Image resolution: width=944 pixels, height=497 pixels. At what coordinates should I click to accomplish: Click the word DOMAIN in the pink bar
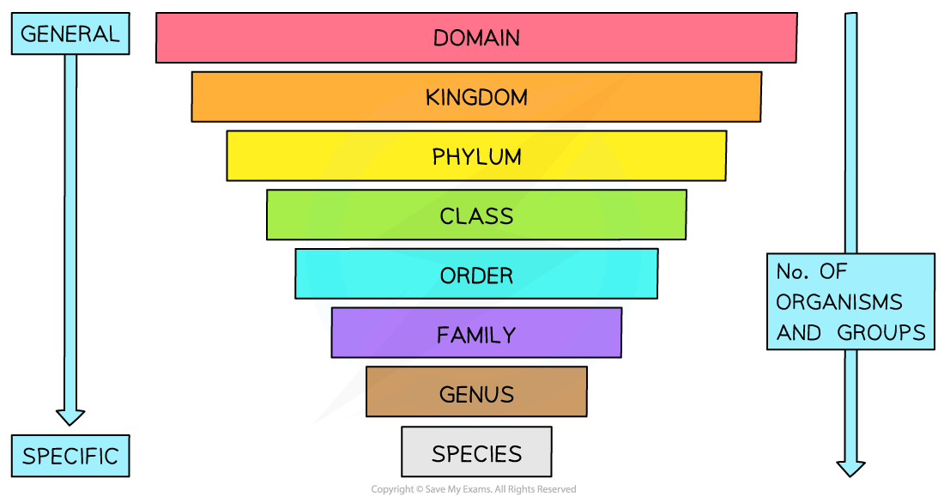tap(476, 38)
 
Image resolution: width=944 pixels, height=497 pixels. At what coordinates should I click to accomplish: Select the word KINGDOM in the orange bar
tap(476, 97)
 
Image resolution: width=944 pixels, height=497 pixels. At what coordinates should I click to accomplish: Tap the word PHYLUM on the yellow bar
tap(476, 156)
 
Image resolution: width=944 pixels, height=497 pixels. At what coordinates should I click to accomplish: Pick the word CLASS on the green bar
tap(476, 215)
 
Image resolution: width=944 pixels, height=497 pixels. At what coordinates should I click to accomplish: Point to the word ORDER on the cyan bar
tap(476, 275)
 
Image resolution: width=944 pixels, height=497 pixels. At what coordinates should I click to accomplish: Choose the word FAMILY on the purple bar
tap(476, 334)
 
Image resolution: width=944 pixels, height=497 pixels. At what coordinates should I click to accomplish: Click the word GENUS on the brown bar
tap(476, 393)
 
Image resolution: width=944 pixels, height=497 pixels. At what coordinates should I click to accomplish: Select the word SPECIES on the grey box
tap(476, 452)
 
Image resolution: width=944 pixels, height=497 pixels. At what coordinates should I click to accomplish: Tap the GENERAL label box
tap(70, 34)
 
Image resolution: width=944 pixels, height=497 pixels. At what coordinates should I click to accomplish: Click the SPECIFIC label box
tap(70, 456)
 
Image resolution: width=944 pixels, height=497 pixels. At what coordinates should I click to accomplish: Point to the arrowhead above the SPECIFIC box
tap(70, 416)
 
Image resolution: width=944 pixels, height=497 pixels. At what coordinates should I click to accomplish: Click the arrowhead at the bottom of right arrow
tap(850, 468)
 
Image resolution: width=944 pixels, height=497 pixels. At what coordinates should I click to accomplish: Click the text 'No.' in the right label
tap(791, 271)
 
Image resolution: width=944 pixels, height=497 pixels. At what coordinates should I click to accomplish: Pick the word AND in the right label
tap(799, 332)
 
